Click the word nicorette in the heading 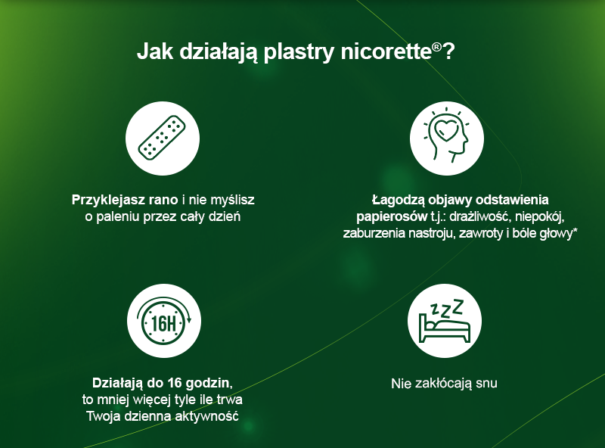[386, 51]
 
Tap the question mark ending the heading [448, 51]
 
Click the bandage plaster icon [162, 138]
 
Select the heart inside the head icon [446, 129]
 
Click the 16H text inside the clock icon [163, 323]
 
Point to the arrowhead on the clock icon [188, 319]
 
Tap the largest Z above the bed [458, 306]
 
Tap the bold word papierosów [392, 216]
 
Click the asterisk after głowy [575, 231]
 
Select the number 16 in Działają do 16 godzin [175, 383]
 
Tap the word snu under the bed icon [486, 384]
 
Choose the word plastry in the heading [299, 52]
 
